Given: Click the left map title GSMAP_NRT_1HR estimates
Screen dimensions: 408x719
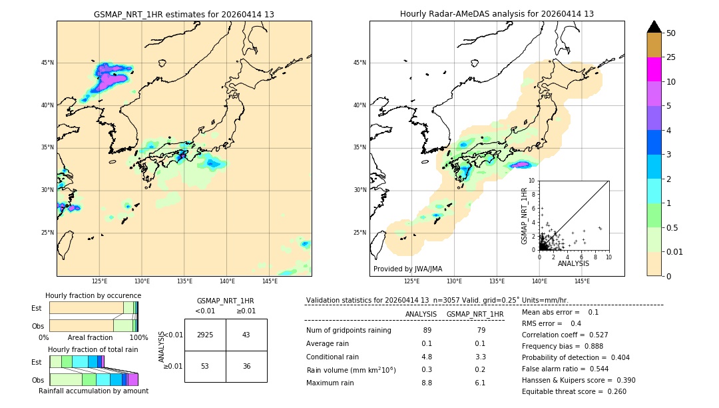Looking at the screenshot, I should (184, 14).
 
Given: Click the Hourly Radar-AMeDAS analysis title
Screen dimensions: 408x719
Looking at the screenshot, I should (497, 14).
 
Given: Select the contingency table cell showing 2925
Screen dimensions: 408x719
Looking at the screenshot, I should (205, 335).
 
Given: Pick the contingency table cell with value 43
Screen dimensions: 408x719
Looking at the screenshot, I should (246, 335).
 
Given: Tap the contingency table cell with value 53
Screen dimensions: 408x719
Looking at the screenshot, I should (205, 366).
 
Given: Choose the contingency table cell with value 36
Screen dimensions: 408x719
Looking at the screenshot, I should (246, 366).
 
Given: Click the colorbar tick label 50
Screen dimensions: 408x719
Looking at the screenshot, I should (671, 33).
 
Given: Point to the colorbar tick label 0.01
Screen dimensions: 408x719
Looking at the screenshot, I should (675, 251).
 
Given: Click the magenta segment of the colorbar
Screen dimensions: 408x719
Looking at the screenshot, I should (654, 69).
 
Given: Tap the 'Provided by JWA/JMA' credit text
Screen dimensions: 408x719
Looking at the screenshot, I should (407, 269).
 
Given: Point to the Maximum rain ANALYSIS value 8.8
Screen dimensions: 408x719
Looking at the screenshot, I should (427, 383).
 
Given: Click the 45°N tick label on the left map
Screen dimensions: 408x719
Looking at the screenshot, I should (47, 63).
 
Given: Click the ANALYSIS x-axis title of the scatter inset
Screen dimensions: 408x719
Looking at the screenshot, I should (573, 263).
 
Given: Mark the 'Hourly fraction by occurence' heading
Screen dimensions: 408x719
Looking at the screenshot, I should (93, 295).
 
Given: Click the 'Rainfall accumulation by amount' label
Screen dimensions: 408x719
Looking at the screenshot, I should (94, 391).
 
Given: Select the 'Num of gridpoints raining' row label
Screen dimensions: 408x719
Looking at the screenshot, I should (348, 330).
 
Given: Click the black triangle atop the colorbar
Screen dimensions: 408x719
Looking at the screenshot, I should (654, 27).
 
